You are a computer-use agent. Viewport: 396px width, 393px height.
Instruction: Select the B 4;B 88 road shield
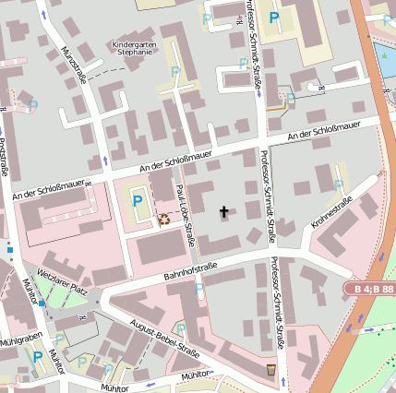(374, 290)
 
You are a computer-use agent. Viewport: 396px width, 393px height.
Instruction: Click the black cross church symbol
(222, 212)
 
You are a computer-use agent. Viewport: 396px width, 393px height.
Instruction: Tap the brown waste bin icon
(270, 369)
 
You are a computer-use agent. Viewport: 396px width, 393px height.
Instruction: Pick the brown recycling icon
(163, 219)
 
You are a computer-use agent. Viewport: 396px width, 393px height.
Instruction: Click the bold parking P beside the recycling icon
(138, 200)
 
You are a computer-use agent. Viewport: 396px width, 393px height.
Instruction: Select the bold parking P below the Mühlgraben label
(38, 356)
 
